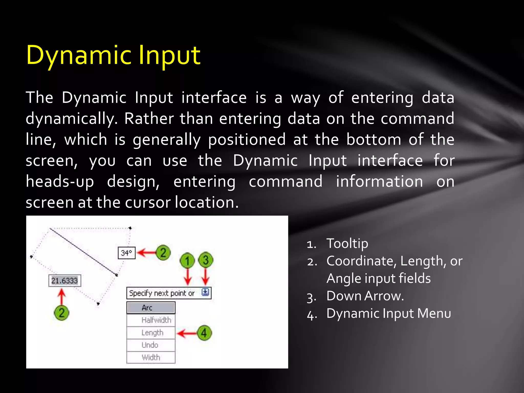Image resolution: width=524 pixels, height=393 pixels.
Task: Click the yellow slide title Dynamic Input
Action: [113, 55]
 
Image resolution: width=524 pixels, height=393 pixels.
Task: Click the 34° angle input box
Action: [126, 253]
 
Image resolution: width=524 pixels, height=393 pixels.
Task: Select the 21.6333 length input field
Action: [64, 281]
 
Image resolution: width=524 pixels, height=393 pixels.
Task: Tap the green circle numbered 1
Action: [187, 260]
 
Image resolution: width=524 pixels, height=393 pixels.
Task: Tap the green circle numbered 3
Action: [206, 260]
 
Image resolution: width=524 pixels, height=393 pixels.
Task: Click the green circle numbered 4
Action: [204, 333]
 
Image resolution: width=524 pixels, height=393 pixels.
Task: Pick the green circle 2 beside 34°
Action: [163, 253]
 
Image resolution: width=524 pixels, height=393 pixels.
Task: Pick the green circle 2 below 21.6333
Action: [61, 313]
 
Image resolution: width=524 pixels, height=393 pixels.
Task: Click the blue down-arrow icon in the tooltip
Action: [205, 292]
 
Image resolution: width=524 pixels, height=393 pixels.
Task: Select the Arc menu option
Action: [151, 308]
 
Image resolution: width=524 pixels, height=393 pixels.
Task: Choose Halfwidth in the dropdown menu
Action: [151, 320]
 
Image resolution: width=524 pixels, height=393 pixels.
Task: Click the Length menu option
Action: [151, 333]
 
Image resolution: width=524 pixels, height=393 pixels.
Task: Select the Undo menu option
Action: [151, 345]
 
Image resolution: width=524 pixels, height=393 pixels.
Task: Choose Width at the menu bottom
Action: [151, 357]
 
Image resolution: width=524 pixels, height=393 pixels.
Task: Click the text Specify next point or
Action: [162, 293]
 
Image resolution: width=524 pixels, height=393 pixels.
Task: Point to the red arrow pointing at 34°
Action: [147, 253]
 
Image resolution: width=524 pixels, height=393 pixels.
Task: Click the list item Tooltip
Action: [347, 243]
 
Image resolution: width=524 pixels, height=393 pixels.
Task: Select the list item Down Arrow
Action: [365, 296]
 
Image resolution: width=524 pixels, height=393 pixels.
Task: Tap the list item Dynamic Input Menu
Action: [388, 313]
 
